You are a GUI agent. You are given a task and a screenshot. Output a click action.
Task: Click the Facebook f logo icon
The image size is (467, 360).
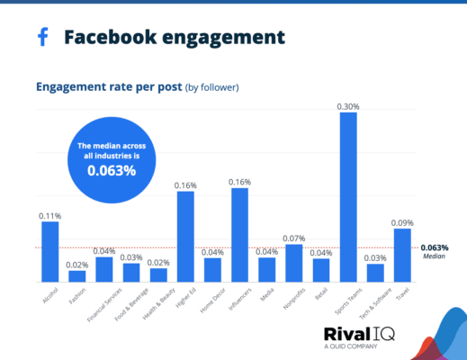pos(42,37)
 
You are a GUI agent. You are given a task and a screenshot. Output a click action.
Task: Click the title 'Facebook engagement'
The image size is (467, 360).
pos(174,37)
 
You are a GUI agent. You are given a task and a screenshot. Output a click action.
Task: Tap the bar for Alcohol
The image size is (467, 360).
pos(50,251)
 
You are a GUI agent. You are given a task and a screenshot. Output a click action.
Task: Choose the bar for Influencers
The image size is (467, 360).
pos(239,235)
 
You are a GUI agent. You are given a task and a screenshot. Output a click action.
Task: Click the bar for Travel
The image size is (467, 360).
pos(402,255)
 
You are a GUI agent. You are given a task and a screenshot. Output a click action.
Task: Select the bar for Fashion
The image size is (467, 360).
pos(77,275)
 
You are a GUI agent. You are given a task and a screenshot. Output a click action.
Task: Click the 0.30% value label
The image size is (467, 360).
pos(348,106)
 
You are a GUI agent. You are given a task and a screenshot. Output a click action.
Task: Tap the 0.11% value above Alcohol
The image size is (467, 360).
pos(50,216)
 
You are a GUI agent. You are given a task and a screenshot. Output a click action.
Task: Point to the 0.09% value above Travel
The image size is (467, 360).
pos(402,222)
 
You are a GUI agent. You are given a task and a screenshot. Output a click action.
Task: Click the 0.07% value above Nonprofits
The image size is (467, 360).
pos(294,238)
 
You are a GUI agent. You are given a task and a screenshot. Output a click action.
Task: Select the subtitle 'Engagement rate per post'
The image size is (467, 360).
pos(108,87)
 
